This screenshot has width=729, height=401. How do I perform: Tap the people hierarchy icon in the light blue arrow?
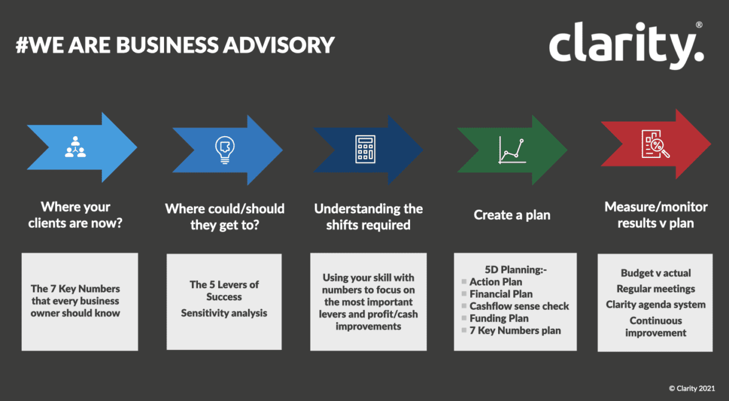point(75,147)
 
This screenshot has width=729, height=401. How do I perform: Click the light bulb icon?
point(225,149)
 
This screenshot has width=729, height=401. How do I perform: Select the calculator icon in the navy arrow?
point(365,149)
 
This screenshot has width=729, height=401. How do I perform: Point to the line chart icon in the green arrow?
point(512,149)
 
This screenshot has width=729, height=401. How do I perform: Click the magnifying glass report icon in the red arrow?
point(655,144)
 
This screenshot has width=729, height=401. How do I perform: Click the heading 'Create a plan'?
point(512,215)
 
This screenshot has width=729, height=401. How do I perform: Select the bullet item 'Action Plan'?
point(496,282)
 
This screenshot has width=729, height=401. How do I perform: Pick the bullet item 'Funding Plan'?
point(499,318)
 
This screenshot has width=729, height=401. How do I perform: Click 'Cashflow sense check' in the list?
point(519,306)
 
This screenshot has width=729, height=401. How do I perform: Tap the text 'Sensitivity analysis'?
point(224,313)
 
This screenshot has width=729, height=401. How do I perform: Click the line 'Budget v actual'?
point(655,273)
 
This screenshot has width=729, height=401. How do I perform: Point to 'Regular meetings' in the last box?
point(655,289)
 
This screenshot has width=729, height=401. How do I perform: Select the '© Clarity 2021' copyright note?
point(692,388)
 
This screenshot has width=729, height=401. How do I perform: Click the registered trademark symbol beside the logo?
point(699,25)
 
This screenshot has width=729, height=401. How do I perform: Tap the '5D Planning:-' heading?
point(516,270)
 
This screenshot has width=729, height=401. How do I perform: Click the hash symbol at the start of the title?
point(22,45)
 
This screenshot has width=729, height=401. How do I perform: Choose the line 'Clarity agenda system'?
point(655,304)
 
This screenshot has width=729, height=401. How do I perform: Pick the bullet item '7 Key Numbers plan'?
point(515,331)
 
